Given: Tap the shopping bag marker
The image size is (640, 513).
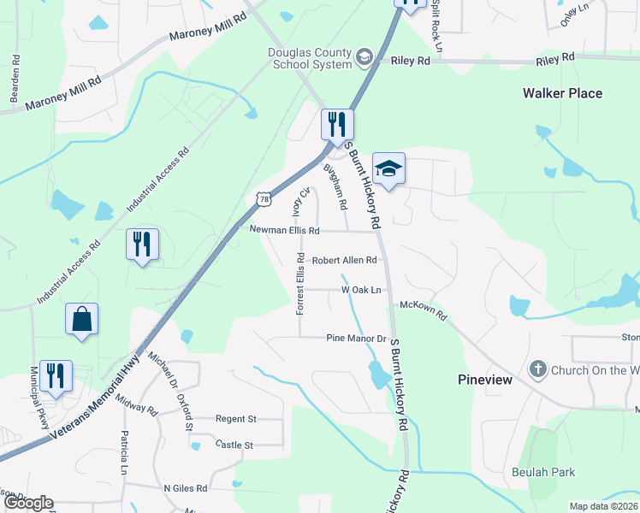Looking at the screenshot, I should tap(81, 320).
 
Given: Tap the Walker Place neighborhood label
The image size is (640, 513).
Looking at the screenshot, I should tap(563, 93).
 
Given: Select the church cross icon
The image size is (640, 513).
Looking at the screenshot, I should tap(537, 370).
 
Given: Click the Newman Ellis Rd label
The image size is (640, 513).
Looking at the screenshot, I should tap(284, 231).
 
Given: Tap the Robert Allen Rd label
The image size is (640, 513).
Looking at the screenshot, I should tap(344, 260).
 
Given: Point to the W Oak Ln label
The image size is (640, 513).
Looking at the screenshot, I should tap(360, 290).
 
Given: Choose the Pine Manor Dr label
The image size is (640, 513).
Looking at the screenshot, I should tap(358, 339).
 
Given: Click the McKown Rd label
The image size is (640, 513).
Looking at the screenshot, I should tap(424, 310).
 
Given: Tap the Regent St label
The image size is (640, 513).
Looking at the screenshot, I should tap(236, 419).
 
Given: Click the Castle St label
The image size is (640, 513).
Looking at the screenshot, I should tap(234, 445).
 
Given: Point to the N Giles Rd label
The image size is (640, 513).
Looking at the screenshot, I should tap(186, 488).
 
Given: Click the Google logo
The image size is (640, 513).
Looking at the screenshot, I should tap(28, 503).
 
